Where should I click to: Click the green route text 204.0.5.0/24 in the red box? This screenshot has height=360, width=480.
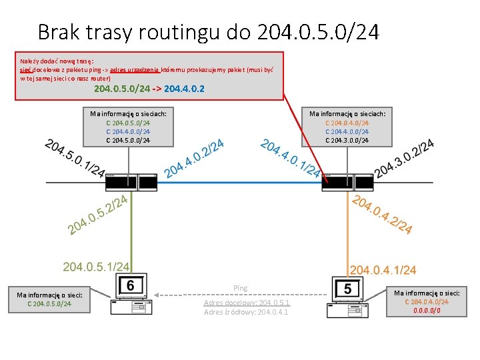click(121, 88)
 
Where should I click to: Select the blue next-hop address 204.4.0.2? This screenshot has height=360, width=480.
click(184, 88)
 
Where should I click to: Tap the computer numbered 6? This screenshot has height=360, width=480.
click(129, 293)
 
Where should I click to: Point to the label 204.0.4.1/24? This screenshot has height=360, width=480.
click(383, 269)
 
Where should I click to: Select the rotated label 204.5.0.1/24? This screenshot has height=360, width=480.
click(73, 159)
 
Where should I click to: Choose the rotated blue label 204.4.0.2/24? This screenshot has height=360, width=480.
click(194, 159)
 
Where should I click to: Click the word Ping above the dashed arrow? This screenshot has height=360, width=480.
click(240, 288)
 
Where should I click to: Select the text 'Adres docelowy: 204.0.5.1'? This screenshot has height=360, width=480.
click(247, 303)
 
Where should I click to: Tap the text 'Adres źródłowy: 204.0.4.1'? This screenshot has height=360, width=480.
click(246, 312)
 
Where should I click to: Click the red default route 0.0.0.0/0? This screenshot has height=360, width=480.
click(427, 310)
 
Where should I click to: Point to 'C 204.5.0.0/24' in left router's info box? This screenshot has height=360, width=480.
click(128, 140)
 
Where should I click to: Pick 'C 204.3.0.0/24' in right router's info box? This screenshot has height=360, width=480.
click(347, 140)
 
